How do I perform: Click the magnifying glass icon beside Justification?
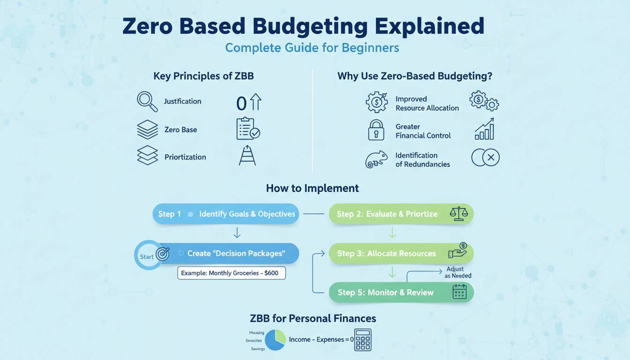click(x=147, y=102)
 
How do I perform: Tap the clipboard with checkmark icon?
click(x=248, y=128)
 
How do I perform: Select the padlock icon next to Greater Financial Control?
click(x=376, y=130)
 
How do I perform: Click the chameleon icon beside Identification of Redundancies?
click(x=376, y=159)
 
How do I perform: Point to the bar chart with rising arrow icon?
click(x=484, y=129)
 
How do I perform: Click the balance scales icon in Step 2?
click(x=459, y=213)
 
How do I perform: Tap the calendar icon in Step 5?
click(x=459, y=292)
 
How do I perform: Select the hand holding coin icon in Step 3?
click(x=457, y=250)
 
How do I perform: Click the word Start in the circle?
click(x=147, y=257)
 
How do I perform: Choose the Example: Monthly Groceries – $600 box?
click(x=232, y=273)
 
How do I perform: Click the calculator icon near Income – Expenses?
click(x=362, y=340)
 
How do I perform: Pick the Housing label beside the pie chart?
click(x=256, y=333)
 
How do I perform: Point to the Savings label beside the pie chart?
click(x=258, y=349)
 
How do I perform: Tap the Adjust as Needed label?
click(x=457, y=272)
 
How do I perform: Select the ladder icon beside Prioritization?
click(x=247, y=155)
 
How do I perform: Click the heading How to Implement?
click(x=312, y=188)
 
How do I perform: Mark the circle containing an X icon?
click(x=490, y=157)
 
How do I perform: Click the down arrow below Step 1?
click(x=237, y=233)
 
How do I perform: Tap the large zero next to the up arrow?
click(x=241, y=104)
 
